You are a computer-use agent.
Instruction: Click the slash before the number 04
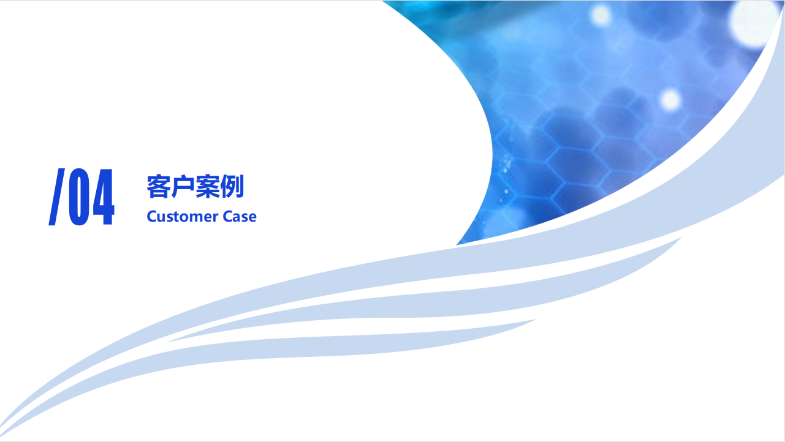coord(56,197)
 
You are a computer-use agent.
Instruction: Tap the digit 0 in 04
coord(79,197)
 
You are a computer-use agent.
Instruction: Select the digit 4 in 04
coord(104,197)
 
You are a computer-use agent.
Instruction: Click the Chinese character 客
coord(158,187)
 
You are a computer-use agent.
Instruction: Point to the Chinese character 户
coord(183,187)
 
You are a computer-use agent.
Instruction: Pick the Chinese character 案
coord(208,187)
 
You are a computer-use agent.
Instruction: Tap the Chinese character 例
coord(232,187)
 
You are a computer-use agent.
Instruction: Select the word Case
coord(240,217)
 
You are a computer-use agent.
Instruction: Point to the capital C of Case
coord(228,217)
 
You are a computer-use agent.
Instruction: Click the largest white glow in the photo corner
coord(753,21)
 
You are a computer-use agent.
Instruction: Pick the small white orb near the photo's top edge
coord(601,15)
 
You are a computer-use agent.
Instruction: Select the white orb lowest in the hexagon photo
coord(670,100)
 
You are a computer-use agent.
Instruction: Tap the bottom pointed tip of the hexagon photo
coord(457,245)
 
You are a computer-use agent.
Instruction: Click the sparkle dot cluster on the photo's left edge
coord(506,175)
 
